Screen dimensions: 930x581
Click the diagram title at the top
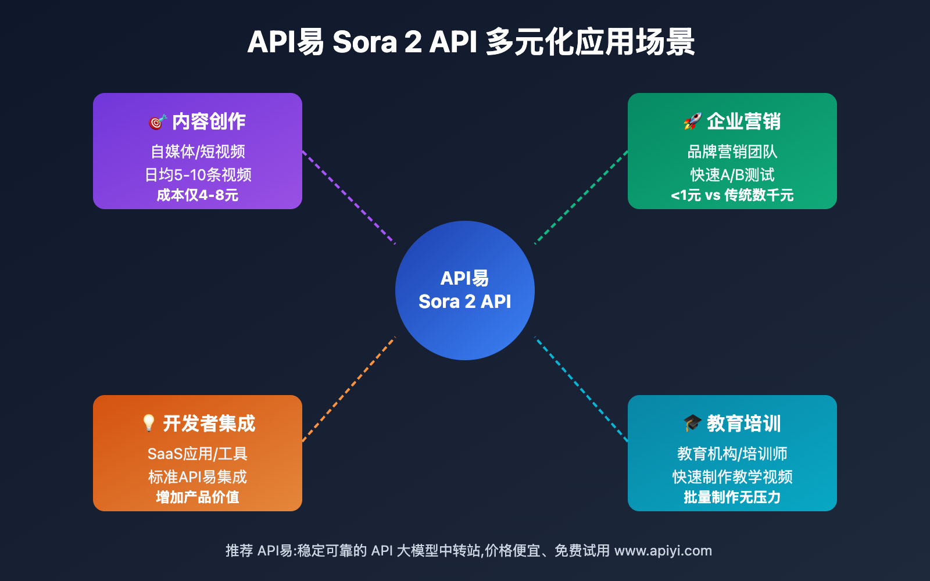pyautogui.click(x=471, y=42)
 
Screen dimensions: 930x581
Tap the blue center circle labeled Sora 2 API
pyautogui.click(x=465, y=290)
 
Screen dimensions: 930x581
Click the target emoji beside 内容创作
pyautogui.click(x=158, y=122)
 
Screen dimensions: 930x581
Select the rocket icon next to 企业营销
pyautogui.click(x=692, y=121)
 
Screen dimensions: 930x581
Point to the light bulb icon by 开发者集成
pyautogui.click(x=149, y=424)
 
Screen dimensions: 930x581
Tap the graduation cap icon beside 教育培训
pyautogui.click(x=692, y=424)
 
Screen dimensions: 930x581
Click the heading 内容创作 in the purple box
pyautogui.click(x=209, y=121)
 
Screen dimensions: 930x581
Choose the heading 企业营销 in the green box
pyautogui.click(x=743, y=121)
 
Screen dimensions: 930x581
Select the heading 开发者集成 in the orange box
pyautogui.click(x=209, y=424)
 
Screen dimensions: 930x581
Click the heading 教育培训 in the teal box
pyautogui.click(x=743, y=424)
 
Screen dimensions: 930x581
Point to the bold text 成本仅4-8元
pyautogui.click(x=198, y=195)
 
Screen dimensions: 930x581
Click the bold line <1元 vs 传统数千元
pyautogui.click(x=732, y=195)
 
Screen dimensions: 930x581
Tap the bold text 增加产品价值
pyautogui.click(x=198, y=497)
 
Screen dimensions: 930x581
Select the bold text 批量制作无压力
pyautogui.click(x=732, y=497)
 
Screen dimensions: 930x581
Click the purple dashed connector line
pyautogui.click(x=349, y=198)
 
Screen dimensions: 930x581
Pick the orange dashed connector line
pyautogui.click(x=349, y=389)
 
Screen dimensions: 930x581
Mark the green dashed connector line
pyautogui.click(x=581, y=198)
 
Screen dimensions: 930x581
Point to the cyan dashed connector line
pyautogui.click(x=581, y=389)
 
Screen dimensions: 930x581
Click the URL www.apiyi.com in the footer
pyautogui.click(x=663, y=551)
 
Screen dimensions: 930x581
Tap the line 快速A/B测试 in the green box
pyautogui.click(x=732, y=175)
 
